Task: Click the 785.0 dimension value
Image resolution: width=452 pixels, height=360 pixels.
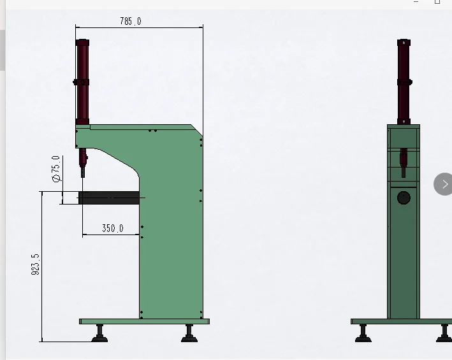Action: pyautogui.click(x=131, y=21)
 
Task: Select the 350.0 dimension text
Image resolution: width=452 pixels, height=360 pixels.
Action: pyautogui.click(x=112, y=228)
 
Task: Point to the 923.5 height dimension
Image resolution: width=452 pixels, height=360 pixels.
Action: pyautogui.click(x=35, y=264)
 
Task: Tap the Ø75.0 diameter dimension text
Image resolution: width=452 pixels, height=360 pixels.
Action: pyautogui.click(x=56, y=169)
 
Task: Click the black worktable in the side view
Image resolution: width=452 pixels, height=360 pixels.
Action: pyautogui.click(x=108, y=198)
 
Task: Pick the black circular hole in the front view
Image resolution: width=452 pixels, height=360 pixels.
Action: pyautogui.click(x=404, y=198)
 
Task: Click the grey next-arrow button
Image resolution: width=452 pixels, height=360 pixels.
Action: pyautogui.click(x=444, y=184)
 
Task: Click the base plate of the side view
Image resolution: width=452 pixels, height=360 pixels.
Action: pyautogui.click(x=144, y=322)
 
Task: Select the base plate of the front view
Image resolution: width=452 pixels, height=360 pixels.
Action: pyautogui.click(x=402, y=322)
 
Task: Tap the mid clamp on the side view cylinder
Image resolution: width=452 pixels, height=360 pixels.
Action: pyautogui.click(x=82, y=82)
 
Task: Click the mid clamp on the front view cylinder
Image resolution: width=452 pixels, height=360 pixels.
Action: pyautogui.click(x=404, y=82)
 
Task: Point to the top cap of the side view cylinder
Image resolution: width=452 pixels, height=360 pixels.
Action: pyautogui.click(x=82, y=42)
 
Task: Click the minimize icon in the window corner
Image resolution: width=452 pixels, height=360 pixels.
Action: pyautogui.click(x=417, y=2)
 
